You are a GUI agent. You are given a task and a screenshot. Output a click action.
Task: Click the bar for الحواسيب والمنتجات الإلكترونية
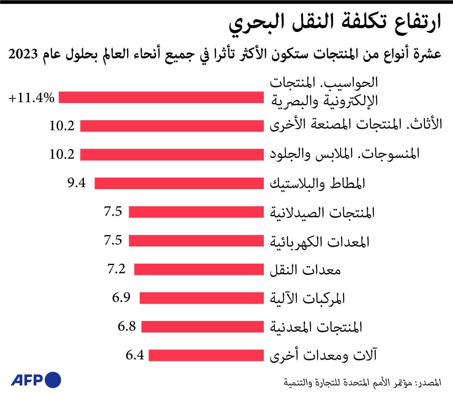pyautogui.click(x=162, y=97)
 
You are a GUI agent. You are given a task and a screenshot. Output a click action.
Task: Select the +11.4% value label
pyautogui.click(x=32, y=98)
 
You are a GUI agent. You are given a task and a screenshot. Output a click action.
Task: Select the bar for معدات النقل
pyautogui.click(x=199, y=269)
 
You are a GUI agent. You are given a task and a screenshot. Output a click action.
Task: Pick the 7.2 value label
pyautogui.click(x=117, y=269)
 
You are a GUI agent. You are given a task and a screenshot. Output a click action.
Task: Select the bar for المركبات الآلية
pyautogui.click(x=202, y=298)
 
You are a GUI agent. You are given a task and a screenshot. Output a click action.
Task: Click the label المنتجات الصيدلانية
pyautogui.click(x=322, y=212)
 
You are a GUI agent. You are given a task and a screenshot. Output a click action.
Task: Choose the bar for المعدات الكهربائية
pyautogui.click(x=197, y=241)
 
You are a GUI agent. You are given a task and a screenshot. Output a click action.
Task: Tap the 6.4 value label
pyautogui.click(x=135, y=355)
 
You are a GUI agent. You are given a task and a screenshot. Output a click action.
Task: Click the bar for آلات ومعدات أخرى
pyautogui.click(x=207, y=356)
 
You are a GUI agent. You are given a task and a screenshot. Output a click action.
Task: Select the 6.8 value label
pyautogui.click(x=127, y=326)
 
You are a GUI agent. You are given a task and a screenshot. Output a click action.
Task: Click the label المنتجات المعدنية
pyautogui.click(x=316, y=327)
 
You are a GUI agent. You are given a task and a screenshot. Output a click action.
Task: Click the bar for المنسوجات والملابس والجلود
pyautogui.click(x=172, y=154)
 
